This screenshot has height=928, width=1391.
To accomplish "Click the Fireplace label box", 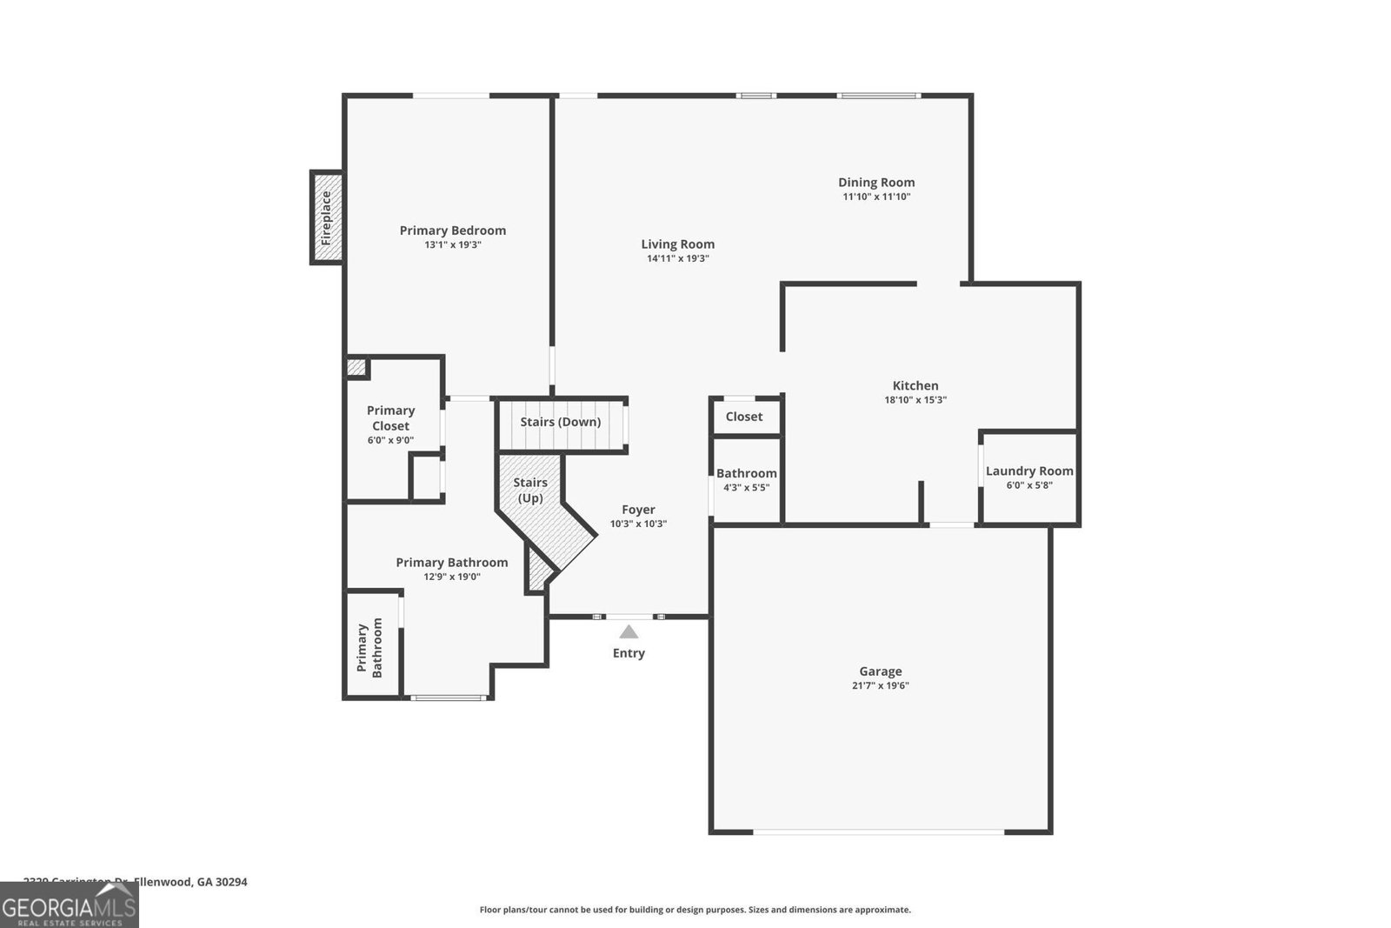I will point(327,217).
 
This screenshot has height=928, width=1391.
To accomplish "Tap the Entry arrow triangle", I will point(629,632).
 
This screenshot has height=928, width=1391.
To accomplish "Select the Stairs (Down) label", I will point(561,422).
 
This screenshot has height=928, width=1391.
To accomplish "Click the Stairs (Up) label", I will point(530,490).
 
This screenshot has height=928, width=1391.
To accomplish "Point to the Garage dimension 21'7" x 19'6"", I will point(881,685).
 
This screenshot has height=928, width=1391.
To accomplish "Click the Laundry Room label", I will point(1029,471).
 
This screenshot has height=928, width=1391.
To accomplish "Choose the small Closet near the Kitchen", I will point(744,417).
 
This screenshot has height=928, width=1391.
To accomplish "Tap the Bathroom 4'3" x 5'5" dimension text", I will point(746,488).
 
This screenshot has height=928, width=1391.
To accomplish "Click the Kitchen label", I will point(915,385).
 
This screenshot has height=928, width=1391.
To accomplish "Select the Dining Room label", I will point(876,182).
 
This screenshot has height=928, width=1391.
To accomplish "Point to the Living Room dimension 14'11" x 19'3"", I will point(678,258).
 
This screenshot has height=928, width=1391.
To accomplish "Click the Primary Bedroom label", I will point(453,230).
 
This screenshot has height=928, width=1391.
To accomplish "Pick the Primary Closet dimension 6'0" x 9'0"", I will point(390,440).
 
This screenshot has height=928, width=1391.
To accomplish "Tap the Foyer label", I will point(638,510).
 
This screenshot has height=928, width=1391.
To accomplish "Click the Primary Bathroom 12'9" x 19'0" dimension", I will point(452,577).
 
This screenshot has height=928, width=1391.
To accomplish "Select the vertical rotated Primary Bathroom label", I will point(369,648).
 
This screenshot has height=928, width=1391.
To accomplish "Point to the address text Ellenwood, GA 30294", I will point(190,881).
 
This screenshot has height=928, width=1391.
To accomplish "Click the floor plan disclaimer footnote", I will point(695,910).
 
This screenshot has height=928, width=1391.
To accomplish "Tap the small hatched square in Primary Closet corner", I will point(356,367).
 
